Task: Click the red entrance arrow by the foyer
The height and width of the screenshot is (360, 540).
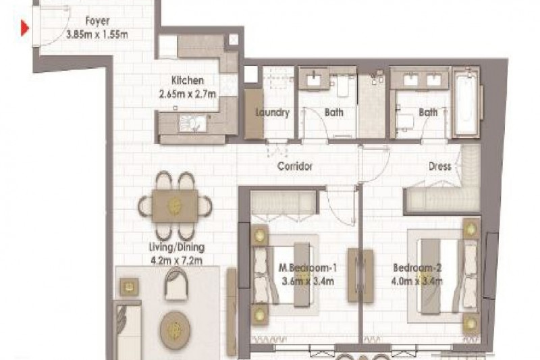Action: pos(24,28)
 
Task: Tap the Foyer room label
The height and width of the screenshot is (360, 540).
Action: pos(97,21)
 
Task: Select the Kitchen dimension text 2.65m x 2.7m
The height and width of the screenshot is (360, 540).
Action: pos(188,94)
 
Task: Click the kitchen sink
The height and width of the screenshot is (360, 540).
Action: pos(192,123)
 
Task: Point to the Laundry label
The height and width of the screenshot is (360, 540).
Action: pos(273,112)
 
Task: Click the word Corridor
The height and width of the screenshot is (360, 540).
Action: pos(295,166)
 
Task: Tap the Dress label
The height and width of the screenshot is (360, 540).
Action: pos(440,166)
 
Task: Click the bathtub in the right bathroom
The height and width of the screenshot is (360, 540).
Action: pos(465,102)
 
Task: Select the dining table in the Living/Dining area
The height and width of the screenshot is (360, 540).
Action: pos(175,205)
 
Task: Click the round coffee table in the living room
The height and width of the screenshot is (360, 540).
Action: pos(175,329)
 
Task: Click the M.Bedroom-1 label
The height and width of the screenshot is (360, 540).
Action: pos(308,267)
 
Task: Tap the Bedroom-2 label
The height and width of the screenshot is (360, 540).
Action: pos(417,267)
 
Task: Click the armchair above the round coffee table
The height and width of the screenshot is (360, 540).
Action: pos(176,283)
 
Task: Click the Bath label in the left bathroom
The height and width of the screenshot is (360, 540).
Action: pos(333,112)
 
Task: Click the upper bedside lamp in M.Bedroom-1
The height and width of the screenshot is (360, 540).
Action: pos(259,234)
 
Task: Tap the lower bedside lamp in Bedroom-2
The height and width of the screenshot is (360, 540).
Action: pos(471,323)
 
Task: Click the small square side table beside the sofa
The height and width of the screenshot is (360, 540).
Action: pos(129,287)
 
